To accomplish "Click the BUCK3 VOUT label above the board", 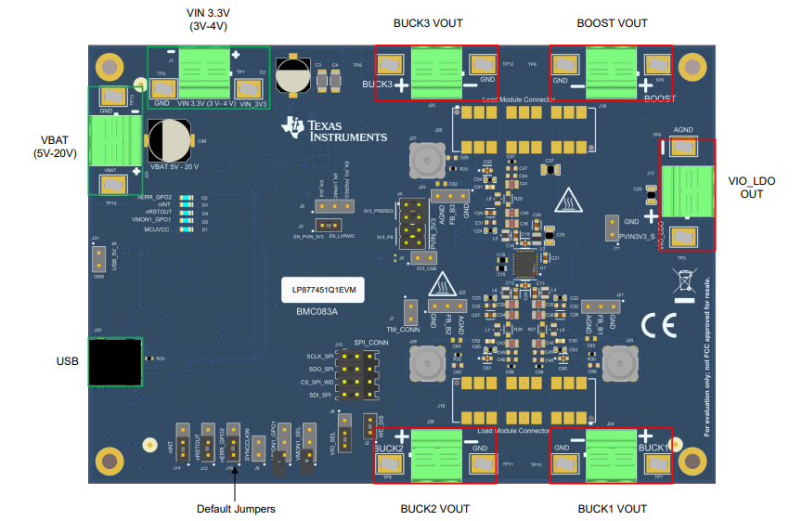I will pos(428,23).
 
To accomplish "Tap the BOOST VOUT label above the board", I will pos(612,23).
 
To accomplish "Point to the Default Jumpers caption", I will pos(236,508).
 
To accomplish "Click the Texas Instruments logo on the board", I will pos(336,131).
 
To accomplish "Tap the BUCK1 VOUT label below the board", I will pos(612,509).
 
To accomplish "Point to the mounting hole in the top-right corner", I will pos(692,67).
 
